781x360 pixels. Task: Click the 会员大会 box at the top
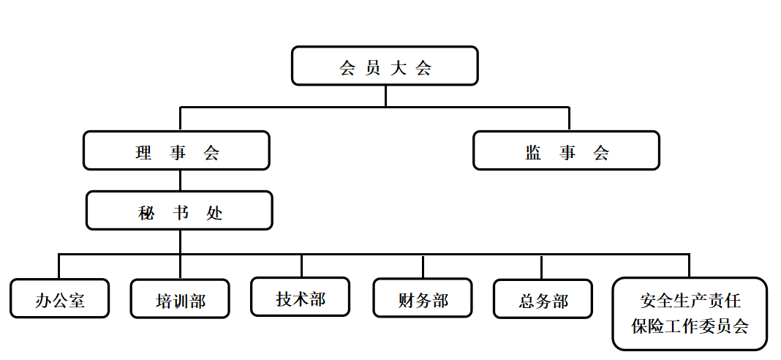(x=385, y=67)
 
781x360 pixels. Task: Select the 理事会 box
(x=176, y=151)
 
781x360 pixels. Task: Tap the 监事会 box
(x=566, y=151)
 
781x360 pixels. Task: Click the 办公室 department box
(x=60, y=299)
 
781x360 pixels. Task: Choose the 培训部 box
(x=180, y=299)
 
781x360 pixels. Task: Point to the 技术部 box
(x=300, y=296)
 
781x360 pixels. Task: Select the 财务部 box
(x=423, y=298)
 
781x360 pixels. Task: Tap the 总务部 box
(x=543, y=299)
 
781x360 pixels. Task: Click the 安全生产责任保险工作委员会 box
(x=690, y=313)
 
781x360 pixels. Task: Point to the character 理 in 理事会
(x=143, y=152)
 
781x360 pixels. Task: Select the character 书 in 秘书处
(x=181, y=212)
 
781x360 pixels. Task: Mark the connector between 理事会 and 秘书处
(x=180, y=181)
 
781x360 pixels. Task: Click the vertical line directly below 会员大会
(x=385, y=96)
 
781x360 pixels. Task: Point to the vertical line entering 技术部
(x=301, y=266)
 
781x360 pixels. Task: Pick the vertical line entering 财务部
(x=423, y=266)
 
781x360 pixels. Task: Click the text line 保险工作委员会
(x=690, y=326)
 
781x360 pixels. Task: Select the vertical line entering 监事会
(x=569, y=119)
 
